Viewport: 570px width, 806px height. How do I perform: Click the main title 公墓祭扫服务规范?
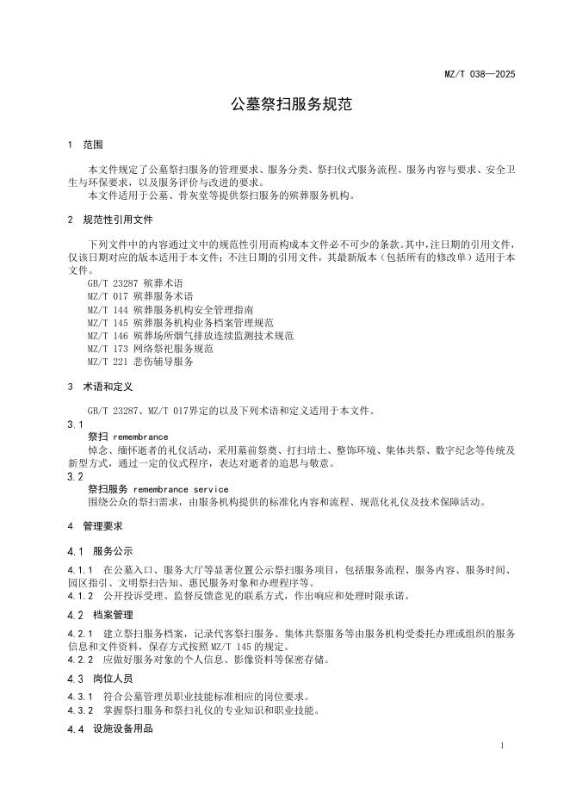(x=285, y=105)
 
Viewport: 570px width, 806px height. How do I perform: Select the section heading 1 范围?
(x=86, y=145)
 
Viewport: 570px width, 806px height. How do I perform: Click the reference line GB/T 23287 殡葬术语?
(x=135, y=283)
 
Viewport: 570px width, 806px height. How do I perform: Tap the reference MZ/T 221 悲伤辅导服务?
(x=140, y=361)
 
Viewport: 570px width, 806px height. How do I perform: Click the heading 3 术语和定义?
(x=103, y=387)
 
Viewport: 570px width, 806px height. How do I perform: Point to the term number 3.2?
(x=75, y=475)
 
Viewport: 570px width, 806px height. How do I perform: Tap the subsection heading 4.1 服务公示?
(x=100, y=551)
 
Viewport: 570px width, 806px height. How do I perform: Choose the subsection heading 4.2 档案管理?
(x=100, y=615)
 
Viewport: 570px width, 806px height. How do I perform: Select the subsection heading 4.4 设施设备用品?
(x=110, y=729)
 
